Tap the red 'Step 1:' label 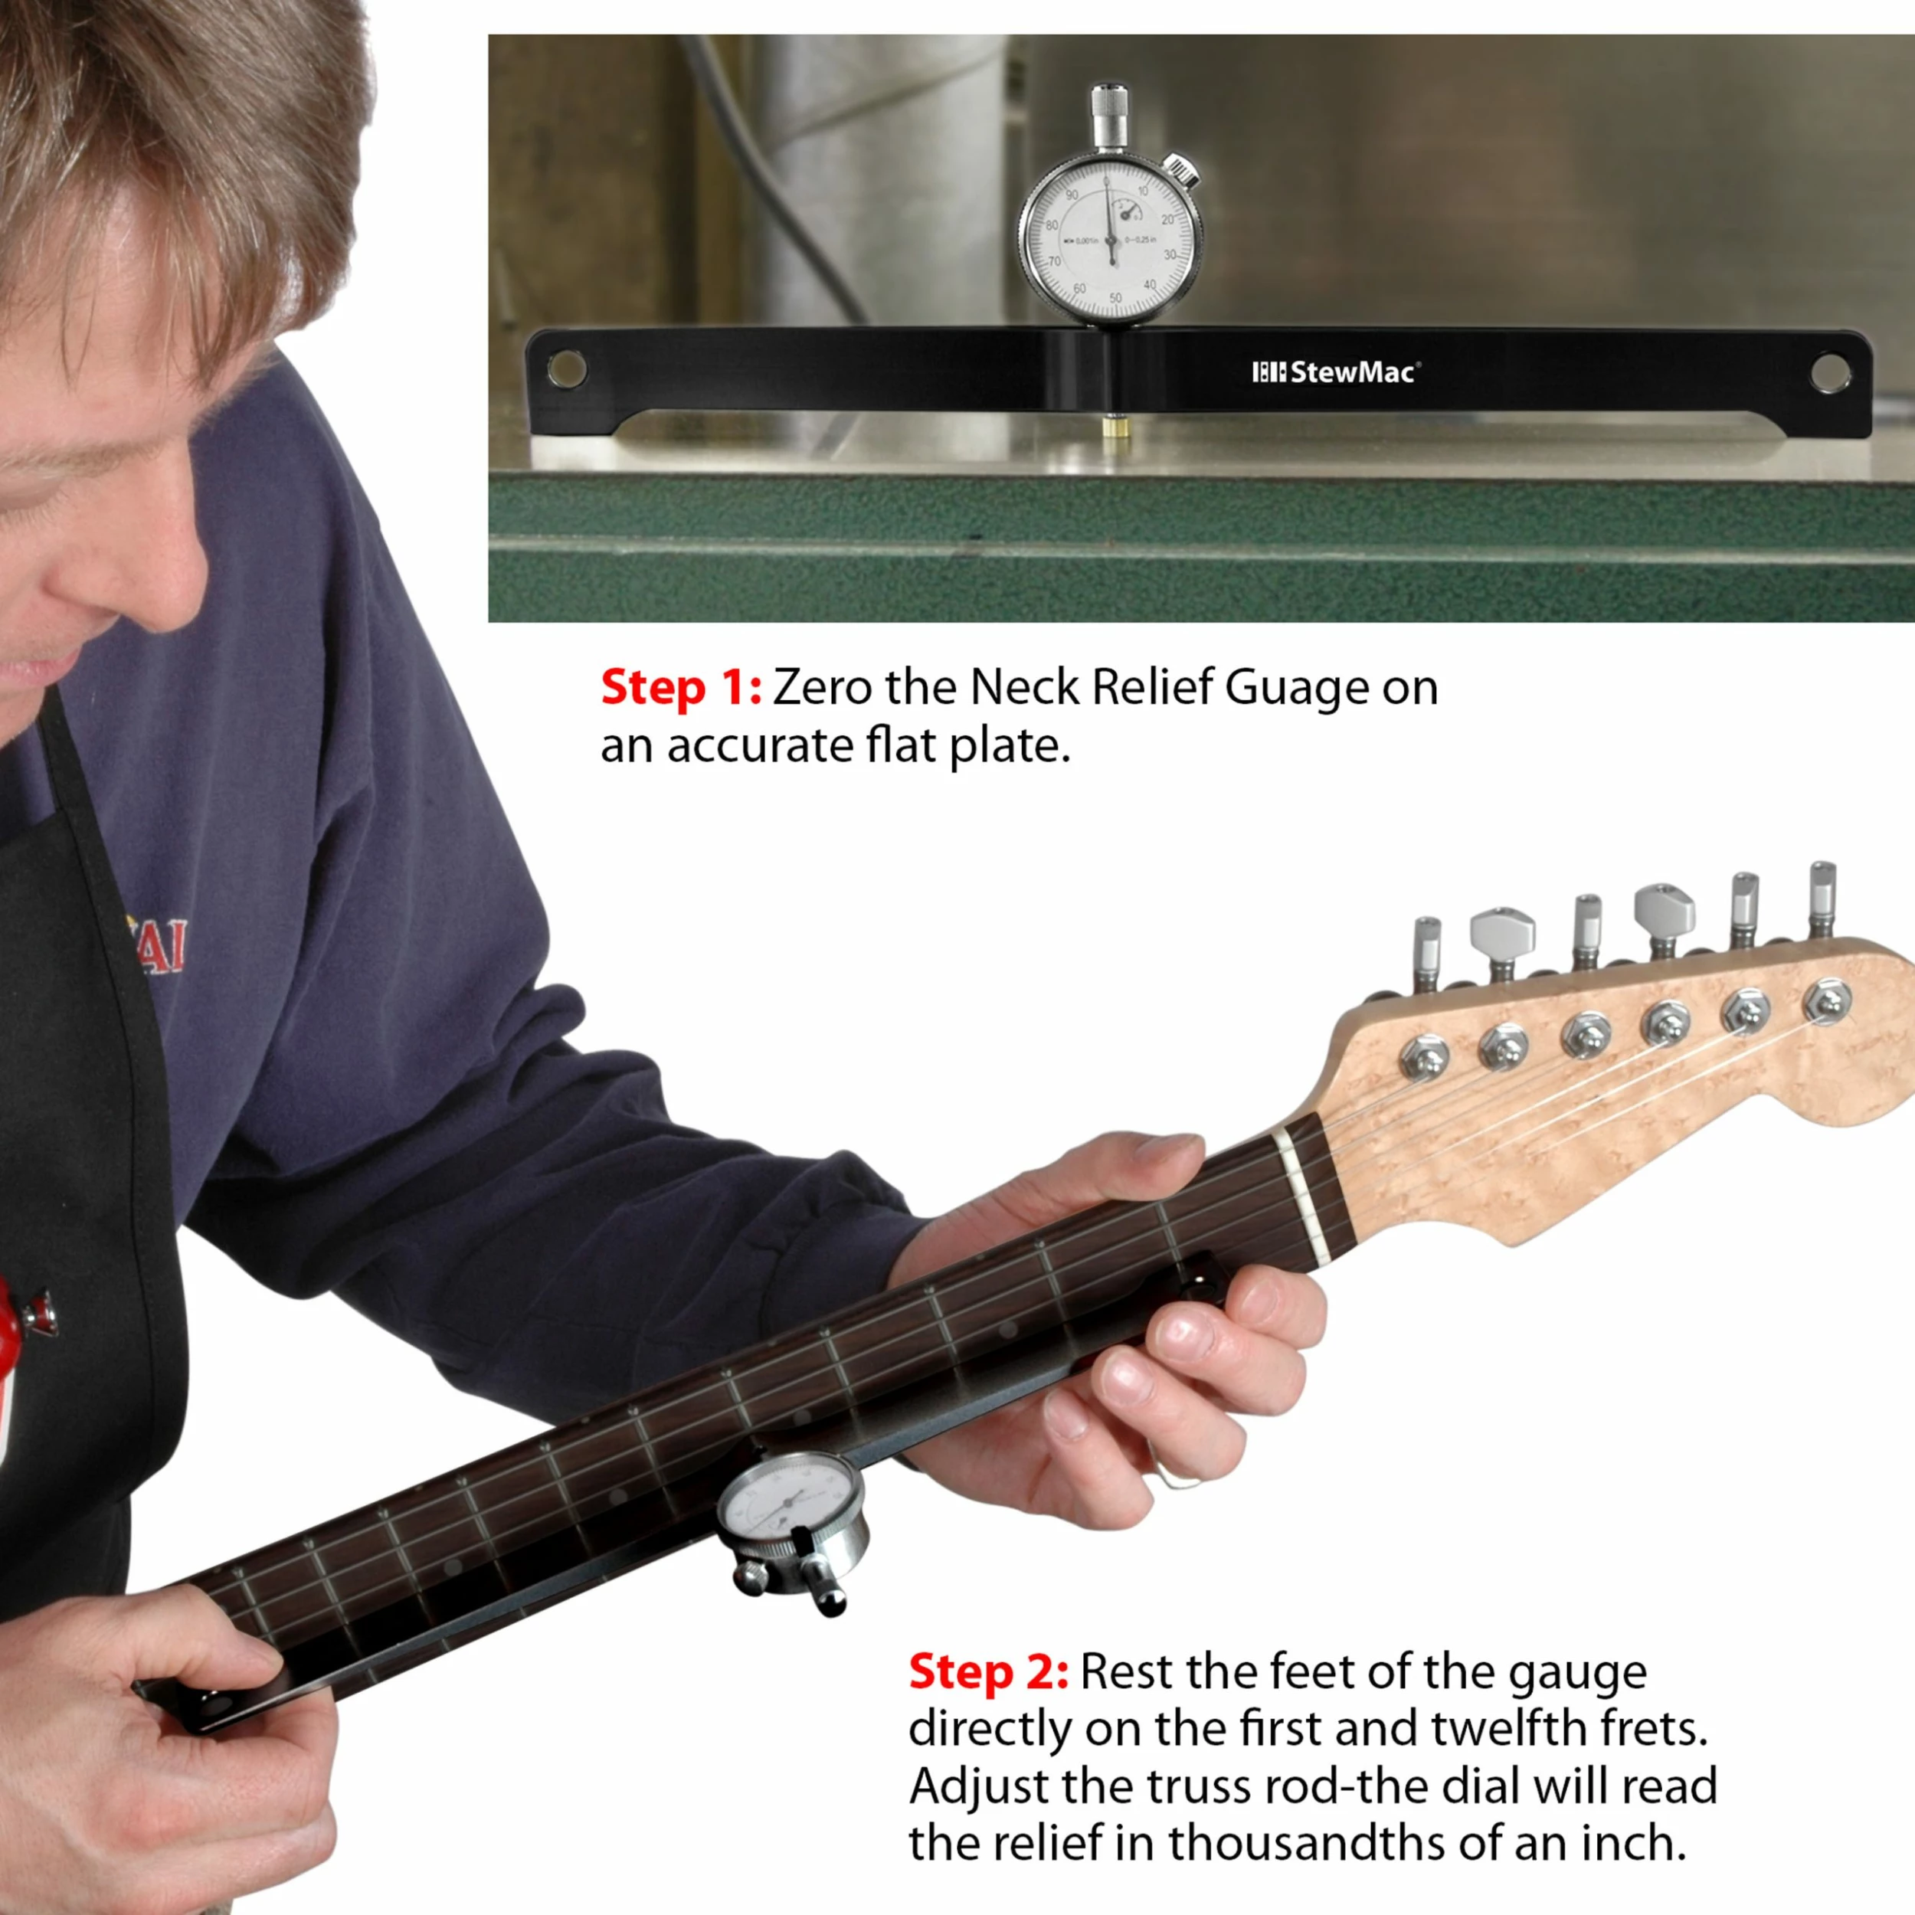(680, 688)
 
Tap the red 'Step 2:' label (988, 1672)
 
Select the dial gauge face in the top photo (1110, 243)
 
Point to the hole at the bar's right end (1828, 372)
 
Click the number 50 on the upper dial (1115, 297)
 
